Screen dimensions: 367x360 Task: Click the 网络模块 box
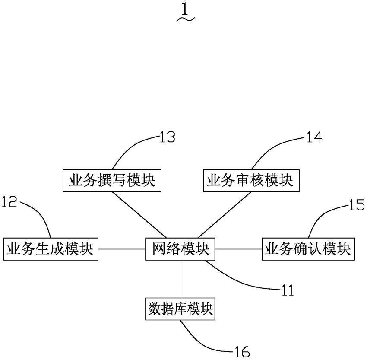[x=180, y=249]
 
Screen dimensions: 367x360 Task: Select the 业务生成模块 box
[x=51, y=249]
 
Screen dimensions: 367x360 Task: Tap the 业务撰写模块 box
[x=112, y=181]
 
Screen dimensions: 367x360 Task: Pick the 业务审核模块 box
[x=251, y=181]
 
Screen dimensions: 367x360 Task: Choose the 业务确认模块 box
[x=308, y=249]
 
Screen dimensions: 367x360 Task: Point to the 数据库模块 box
[x=180, y=309]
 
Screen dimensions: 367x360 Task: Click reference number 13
[x=167, y=137]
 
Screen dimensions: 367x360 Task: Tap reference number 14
[x=314, y=137]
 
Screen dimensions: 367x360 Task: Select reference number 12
[x=9, y=202]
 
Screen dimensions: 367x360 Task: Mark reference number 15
[x=357, y=204]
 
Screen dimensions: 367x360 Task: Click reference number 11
[x=288, y=290]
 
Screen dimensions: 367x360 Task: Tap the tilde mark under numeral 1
[x=185, y=19]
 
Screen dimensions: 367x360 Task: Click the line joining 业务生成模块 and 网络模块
[x=122, y=249]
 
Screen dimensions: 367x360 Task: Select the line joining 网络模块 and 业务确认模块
[x=238, y=249]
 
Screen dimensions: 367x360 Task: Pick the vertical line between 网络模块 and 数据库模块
[x=180, y=279]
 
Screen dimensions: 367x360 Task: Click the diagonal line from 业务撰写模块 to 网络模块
[x=139, y=215]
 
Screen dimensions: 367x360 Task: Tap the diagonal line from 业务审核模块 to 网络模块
[x=225, y=215]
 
